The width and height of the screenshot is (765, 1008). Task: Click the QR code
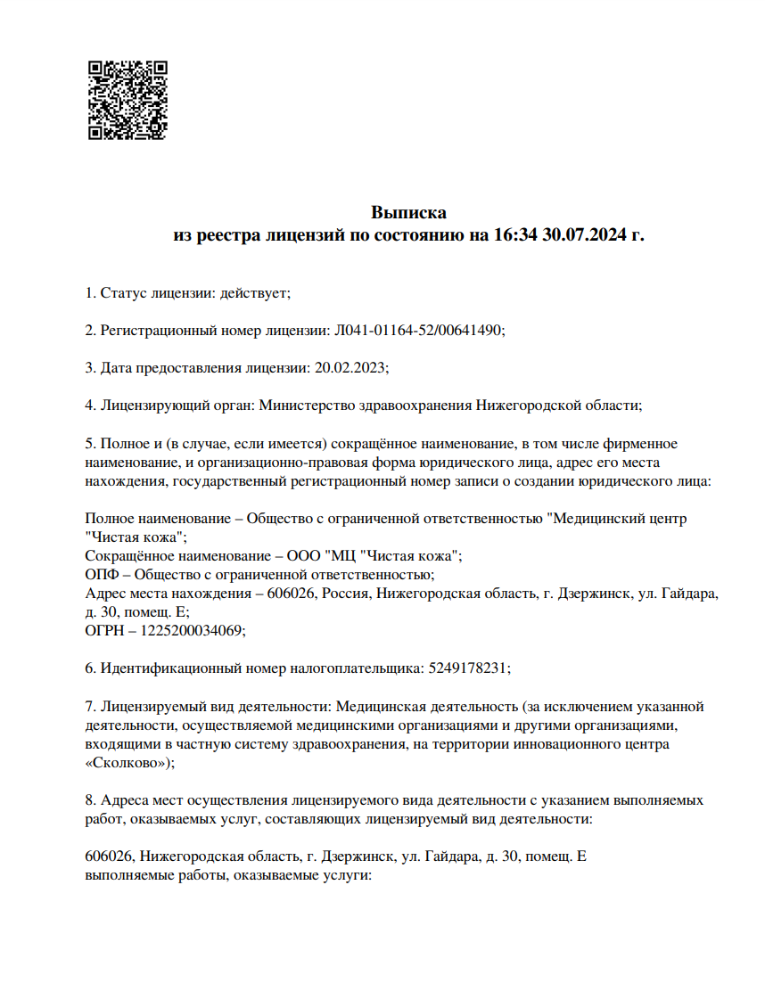click(127, 100)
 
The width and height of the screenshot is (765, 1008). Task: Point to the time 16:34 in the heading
click(514, 236)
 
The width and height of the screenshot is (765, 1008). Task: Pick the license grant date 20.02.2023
click(349, 367)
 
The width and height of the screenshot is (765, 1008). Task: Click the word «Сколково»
click(127, 763)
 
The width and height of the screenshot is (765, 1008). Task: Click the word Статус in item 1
click(120, 292)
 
